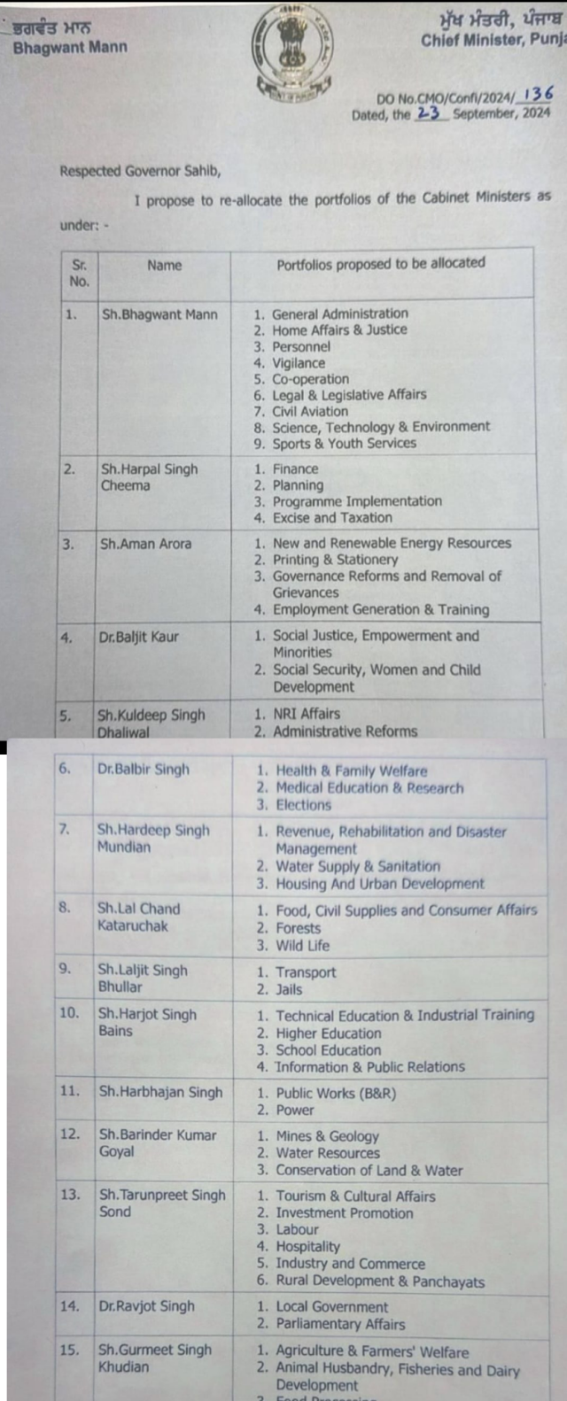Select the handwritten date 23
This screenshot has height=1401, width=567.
429,113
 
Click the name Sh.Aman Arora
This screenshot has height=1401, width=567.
146,544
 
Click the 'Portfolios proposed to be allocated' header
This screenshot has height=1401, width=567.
381,264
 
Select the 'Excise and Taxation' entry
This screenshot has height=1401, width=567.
332,518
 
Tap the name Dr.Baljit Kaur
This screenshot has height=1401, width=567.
139,636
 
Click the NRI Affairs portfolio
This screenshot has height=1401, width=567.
307,714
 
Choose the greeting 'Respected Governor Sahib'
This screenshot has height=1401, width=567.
140,171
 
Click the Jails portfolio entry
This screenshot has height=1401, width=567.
289,989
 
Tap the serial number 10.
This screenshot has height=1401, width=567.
69,1013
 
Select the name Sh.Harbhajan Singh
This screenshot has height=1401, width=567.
160,1092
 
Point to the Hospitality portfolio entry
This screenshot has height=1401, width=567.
307,1247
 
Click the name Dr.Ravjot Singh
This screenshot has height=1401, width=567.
146,1306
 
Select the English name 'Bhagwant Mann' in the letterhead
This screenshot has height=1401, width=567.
70,47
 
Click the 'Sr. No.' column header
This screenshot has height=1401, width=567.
80,273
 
